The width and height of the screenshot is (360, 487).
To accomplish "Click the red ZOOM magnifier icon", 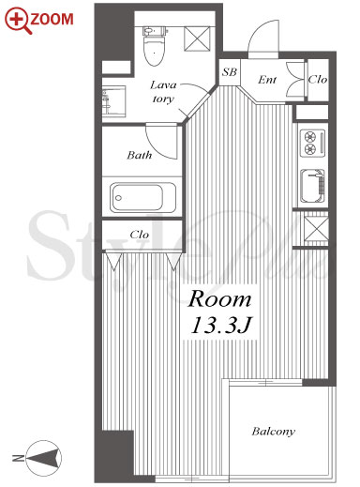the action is [x=18, y=20].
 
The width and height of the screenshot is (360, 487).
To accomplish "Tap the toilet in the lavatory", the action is [x=154, y=46].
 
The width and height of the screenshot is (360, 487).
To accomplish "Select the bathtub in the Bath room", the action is [x=142, y=198].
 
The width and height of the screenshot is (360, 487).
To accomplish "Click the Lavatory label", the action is [x=163, y=92].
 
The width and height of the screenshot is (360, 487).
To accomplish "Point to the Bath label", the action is [x=140, y=155].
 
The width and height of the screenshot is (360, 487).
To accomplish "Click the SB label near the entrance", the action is [x=230, y=72].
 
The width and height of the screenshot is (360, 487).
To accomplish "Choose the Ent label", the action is [x=267, y=80].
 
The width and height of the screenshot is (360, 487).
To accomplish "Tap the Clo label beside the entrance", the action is [x=318, y=80].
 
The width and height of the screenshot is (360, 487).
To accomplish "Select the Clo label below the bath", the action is [x=139, y=235].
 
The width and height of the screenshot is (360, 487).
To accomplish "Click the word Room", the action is [x=219, y=299].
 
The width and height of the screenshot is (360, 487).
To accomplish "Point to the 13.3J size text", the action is [x=221, y=326].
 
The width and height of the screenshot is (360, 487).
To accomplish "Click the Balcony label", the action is [x=274, y=432].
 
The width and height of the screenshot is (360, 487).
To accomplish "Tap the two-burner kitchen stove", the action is [x=312, y=143].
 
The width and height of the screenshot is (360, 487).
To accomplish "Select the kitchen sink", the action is [x=312, y=186].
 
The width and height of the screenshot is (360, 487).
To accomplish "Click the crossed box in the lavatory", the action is [x=197, y=38].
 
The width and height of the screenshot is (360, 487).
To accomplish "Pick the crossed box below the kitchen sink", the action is [x=316, y=229].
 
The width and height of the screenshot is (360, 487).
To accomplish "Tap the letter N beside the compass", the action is [x=18, y=459].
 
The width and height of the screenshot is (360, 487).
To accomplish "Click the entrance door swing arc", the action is [x=261, y=33].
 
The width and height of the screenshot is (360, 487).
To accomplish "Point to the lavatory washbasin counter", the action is [x=113, y=101].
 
